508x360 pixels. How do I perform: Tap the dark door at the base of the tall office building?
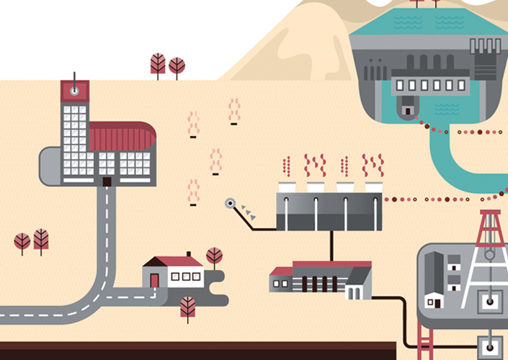[106, 181]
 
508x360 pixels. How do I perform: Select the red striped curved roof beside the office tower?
[121, 136]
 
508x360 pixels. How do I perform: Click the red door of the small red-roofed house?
[154, 279]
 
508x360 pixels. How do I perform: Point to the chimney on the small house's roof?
[188, 254]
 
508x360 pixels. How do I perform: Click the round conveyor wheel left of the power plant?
[231, 204]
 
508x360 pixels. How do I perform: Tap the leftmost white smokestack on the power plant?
[287, 189]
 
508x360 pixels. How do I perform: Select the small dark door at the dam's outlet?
[409, 110]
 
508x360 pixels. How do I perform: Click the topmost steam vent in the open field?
[233, 111]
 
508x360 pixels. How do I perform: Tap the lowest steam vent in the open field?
[193, 192]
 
